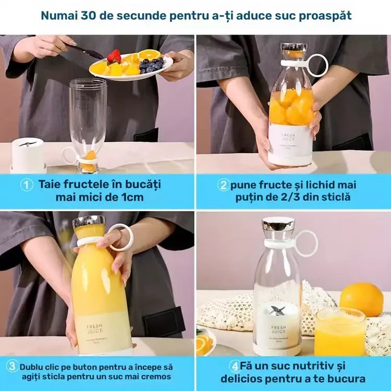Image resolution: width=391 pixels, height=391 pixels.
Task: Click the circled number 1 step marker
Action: pos(27,185)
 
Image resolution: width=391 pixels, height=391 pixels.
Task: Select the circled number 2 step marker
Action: pos(223,185)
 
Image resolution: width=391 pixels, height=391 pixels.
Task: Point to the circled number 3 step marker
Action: pos(12,366)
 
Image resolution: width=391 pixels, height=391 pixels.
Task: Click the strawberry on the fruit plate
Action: pos(114,56)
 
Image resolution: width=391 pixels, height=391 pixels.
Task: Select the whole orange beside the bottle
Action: pos(362,299)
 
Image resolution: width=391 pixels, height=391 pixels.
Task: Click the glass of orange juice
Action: pos(340,331)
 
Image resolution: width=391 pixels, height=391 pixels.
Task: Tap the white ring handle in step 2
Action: pos(317,66)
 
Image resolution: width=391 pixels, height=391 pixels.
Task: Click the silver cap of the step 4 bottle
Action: pos(278,225)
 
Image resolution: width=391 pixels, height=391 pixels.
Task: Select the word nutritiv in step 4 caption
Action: pos(319,366)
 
